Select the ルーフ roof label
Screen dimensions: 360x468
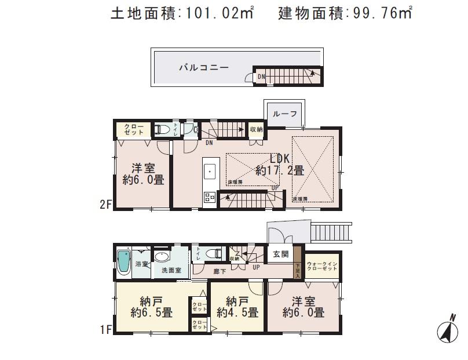click(284, 114)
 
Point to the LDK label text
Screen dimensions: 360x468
click(281, 158)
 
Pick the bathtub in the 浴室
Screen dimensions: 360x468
click(124, 264)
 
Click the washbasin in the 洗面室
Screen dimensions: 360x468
click(163, 259)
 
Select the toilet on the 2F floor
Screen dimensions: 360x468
click(163, 129)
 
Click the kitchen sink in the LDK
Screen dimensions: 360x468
click(209, 172)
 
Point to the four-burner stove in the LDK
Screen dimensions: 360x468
click(209, 198)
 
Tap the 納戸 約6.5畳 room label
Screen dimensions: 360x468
click(151, 307)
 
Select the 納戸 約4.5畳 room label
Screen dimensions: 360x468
click(237, 307)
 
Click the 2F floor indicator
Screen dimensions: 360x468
click(105, 204)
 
